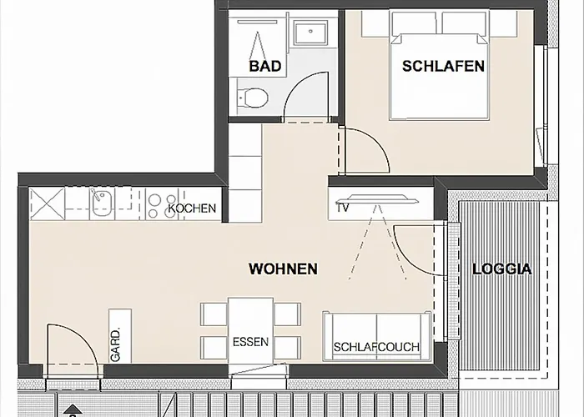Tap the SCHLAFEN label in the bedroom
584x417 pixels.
(443, 66)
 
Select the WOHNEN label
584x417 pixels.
(283, 269)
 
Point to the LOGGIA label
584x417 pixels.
(501, 269)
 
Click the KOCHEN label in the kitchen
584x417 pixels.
(193, 208)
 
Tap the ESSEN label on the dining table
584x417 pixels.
(249, 341)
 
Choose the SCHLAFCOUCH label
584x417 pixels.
(376, 347)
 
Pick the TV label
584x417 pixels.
(343, 208)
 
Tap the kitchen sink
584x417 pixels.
(102, 202)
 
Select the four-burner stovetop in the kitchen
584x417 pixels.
(156, 202)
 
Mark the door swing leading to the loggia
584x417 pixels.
(413, 246)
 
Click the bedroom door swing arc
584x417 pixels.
(364, 150)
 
